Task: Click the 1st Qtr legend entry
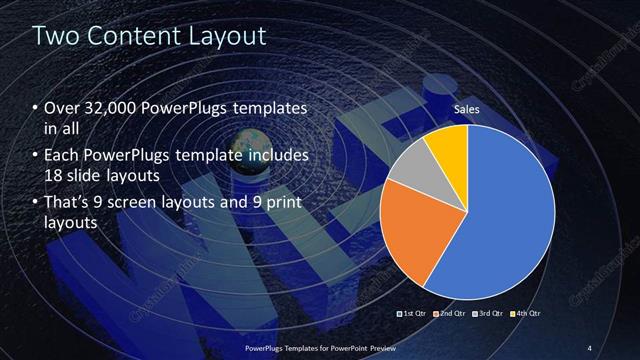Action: [x=413, y=314]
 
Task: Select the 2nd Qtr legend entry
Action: [x=451, y=314]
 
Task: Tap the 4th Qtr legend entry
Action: [x=526, y=314]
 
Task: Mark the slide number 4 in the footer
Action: [x=589, y=347]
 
